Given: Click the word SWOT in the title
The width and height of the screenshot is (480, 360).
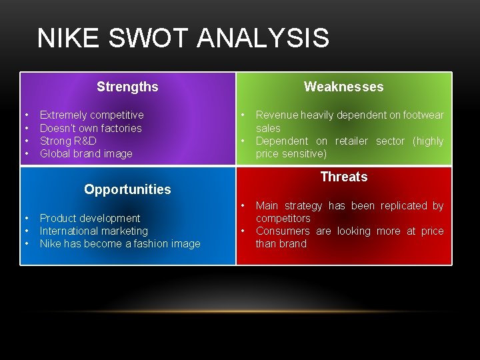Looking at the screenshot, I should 149,38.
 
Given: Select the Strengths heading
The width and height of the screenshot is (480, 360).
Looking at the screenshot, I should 127,87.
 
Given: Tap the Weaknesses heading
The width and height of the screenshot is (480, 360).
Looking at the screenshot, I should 343,87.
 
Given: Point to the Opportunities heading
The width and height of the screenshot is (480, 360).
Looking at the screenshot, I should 127,189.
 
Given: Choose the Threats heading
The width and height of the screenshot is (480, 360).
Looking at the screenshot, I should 343,177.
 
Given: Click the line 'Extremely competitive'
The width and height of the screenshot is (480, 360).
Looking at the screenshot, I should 91,115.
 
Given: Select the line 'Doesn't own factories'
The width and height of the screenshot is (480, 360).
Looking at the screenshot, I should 91,128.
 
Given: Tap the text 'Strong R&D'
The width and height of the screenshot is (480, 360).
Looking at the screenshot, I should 68,141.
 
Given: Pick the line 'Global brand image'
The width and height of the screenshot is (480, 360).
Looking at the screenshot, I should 86,153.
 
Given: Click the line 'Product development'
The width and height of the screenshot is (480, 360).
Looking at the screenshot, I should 90,218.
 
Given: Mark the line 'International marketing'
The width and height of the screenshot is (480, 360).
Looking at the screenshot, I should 94,231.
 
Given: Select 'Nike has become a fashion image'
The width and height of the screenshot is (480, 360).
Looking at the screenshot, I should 120,243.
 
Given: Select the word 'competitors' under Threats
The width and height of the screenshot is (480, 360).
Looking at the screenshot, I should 283,218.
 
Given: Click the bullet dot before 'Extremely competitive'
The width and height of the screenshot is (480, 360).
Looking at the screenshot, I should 25,115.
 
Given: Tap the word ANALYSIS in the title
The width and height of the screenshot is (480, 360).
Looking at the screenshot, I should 263,38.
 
